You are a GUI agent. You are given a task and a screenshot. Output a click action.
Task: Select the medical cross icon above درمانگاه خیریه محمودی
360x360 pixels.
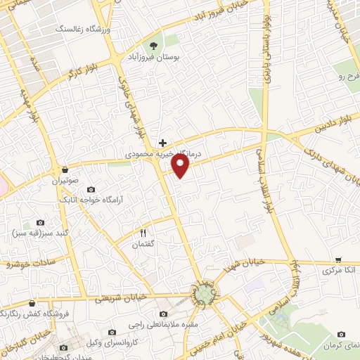pyautogui.click(x=163, y=142)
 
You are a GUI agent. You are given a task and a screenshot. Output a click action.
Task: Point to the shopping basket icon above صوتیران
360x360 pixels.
pyautogui.click(x=65, y=169)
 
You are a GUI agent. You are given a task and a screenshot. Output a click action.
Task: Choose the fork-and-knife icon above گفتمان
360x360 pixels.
pyautogui.click(x=143, y=232)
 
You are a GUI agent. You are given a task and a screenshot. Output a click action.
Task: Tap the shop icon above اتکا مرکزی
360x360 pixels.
pyautogui.click(x=338, y=259)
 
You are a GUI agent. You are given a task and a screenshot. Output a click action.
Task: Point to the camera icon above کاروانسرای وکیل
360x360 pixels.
pyautogui.click(x=112, y=332)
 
